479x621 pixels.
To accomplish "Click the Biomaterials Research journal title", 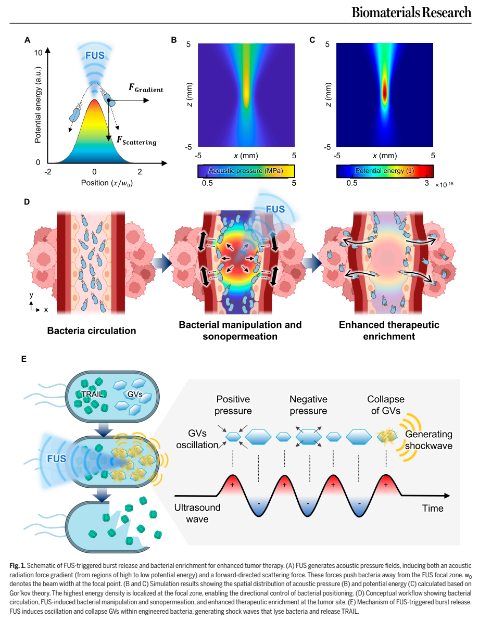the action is pyautogui.click(x=411, y=12).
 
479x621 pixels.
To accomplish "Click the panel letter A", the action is pyautogui.click(x=28, y=40).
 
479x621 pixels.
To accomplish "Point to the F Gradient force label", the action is pyautogui.click(x=146, y=88).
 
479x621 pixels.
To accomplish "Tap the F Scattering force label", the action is pyautogui.click(x=136, y=141).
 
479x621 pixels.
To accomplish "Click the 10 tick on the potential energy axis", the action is pyautogui.click(x=38, y=53).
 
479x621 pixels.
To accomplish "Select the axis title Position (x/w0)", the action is pyautogui.click(x=107, y=183).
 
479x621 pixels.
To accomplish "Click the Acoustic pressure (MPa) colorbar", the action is pyautogui.click(x=246, y=171).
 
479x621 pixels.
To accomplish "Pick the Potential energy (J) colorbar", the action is pyautogui.click(x=385, y=171).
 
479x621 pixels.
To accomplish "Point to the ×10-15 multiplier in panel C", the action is pyautogui.click(x=444, y=185).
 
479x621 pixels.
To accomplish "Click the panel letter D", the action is pyautogui.click(x=27, y=201).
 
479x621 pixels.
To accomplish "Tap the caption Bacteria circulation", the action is pyautogui.click(x=92, y=331).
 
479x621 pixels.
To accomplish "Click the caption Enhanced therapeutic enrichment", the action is pyautogui.click(x=389, y=331).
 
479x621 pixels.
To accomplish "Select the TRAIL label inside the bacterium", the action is pyautogui.click(x=92, y=394).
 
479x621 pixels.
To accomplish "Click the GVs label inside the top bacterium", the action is pyautogui.click(x=135, y=395).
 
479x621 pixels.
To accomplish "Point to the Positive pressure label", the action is pyautogui.click(x=233, y=405).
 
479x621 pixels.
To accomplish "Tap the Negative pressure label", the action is pyautogui.click(x=308, y=405).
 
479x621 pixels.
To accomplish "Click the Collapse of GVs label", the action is pyautogui.click(x=386, y=405).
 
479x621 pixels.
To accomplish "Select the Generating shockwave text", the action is pyautogui.click(x=428, y=440).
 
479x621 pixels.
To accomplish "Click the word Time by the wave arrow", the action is pyautogui.click(x=433, y=508).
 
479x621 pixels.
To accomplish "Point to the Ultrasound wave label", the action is pyautogui.click(x=197, y=513).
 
